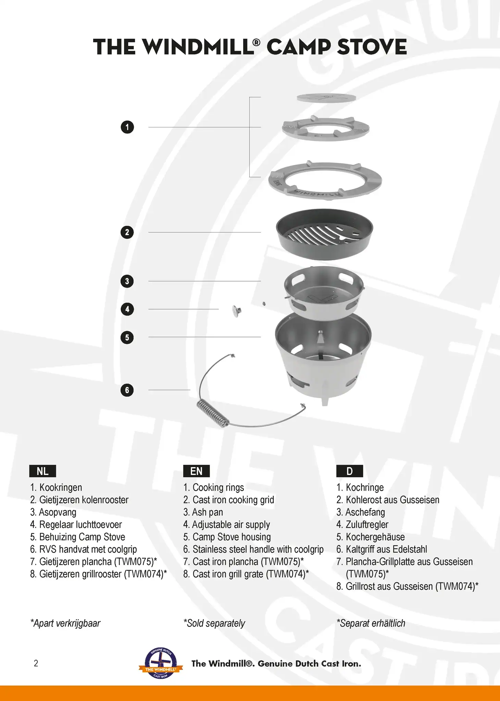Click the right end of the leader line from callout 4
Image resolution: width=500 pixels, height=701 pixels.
pos(218,309)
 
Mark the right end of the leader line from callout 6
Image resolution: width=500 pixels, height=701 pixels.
pos(190,390)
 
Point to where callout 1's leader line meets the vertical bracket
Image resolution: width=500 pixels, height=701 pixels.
pos(250,127)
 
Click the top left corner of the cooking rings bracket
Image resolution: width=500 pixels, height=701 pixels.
pos(250,97)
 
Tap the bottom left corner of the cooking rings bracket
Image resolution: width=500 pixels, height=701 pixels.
pos(250,177)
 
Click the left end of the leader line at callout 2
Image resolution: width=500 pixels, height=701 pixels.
pos(149,232)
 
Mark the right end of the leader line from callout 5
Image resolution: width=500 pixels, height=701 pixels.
pos(261,337)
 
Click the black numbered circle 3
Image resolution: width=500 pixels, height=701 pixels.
pos(127,281)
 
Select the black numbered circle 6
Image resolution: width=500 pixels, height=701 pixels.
pos(127,390)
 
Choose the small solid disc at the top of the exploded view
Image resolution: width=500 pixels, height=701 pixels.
pos(326,98)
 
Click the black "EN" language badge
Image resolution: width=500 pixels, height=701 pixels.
pos(196,471)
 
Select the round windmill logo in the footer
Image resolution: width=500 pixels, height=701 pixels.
pos(161,664)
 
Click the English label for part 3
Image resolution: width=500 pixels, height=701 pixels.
pos(203,512)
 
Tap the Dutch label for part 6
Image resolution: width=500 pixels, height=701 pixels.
pos(84,549)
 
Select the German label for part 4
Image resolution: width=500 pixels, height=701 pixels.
pos(362,525)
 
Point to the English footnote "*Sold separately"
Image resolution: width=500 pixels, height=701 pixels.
pos(214,623)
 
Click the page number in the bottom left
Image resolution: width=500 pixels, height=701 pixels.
pos(36,663)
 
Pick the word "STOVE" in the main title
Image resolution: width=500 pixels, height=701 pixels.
pos(372,47)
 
